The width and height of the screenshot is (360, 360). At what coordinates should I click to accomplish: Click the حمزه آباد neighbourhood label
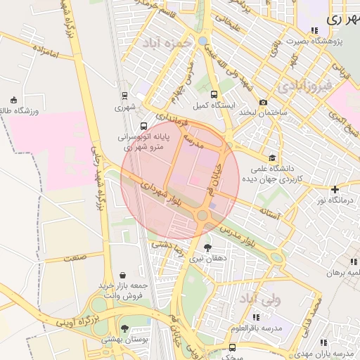(x=167, y=44)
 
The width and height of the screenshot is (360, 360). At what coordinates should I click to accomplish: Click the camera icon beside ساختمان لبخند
(x=263, y=102)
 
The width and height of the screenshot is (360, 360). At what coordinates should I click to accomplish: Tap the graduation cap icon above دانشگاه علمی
(x=272, y=157)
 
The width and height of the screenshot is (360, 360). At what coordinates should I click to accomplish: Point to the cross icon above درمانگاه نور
(x=335, y=189)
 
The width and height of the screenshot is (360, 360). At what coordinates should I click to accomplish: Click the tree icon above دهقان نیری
(x=207, y=247)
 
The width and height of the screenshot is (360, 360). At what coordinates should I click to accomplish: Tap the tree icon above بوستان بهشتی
(x=124, y=328)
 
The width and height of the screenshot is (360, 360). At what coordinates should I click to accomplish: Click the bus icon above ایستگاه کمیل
(x=213, y=94)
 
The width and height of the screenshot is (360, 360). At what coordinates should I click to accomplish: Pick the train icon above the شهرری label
(x=124, y=96)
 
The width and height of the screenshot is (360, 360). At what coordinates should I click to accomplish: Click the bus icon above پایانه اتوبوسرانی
(x=144, y=127)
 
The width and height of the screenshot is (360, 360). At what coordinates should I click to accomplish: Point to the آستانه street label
(x=271, y=210)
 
